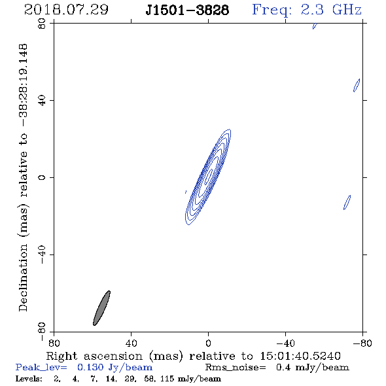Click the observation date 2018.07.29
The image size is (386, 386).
[66, 10]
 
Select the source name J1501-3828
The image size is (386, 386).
[187, 10]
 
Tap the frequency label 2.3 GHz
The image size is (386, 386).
[331, 10]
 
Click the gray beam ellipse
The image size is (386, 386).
[101, 308]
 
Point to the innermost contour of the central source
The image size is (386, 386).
[209, 176]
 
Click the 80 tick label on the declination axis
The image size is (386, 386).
[42, 24]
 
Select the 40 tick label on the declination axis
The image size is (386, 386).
[42, 101]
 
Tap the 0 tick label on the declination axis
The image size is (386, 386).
[42, 177]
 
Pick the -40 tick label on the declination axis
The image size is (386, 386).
[42, 254]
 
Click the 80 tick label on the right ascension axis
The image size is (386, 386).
[54, 343]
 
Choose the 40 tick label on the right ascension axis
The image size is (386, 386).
[131, 343]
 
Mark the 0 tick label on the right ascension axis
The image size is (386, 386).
[208, 343]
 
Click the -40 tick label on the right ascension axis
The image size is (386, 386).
[285, 343]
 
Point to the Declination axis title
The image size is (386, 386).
[24, 177]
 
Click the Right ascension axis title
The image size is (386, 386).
[193, 356]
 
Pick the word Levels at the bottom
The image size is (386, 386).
[29, 378]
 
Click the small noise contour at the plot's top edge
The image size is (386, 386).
[315, 26]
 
